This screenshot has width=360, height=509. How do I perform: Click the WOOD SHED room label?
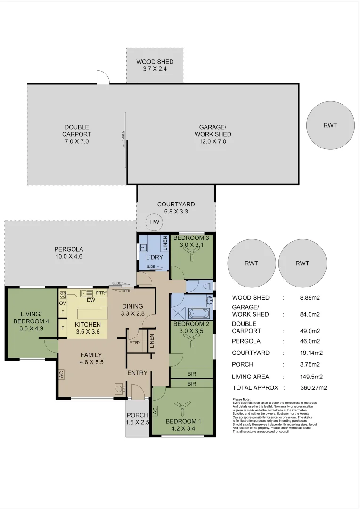(x=155, y=65)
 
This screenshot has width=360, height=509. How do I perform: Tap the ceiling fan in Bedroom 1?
(x=181, y=406)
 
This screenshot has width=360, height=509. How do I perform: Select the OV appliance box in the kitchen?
(x=62, y=303)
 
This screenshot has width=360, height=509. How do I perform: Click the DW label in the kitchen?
(x=91, y=300)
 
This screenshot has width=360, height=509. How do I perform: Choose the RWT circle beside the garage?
(x=330, y=125)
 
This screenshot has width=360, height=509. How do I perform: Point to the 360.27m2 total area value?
(x=313, y=388)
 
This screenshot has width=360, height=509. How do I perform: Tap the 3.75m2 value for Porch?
(x=310, y=364)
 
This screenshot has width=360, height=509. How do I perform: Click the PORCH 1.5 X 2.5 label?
(x=138, y=419)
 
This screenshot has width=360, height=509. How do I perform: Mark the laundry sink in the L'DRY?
(x=144, y=247)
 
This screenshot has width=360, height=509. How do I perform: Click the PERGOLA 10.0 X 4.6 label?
(x=68, y=253)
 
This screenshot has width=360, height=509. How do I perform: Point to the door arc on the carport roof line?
(x=102, y=78)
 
